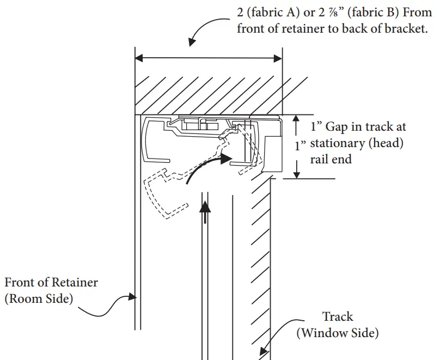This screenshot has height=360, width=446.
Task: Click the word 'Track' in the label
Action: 337,316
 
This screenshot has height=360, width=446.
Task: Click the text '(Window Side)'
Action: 337,332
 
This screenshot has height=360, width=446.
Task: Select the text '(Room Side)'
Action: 39,298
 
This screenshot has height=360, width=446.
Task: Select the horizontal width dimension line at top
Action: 209,57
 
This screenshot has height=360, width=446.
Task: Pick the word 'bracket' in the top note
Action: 405,29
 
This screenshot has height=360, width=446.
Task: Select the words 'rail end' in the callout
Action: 331,159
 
